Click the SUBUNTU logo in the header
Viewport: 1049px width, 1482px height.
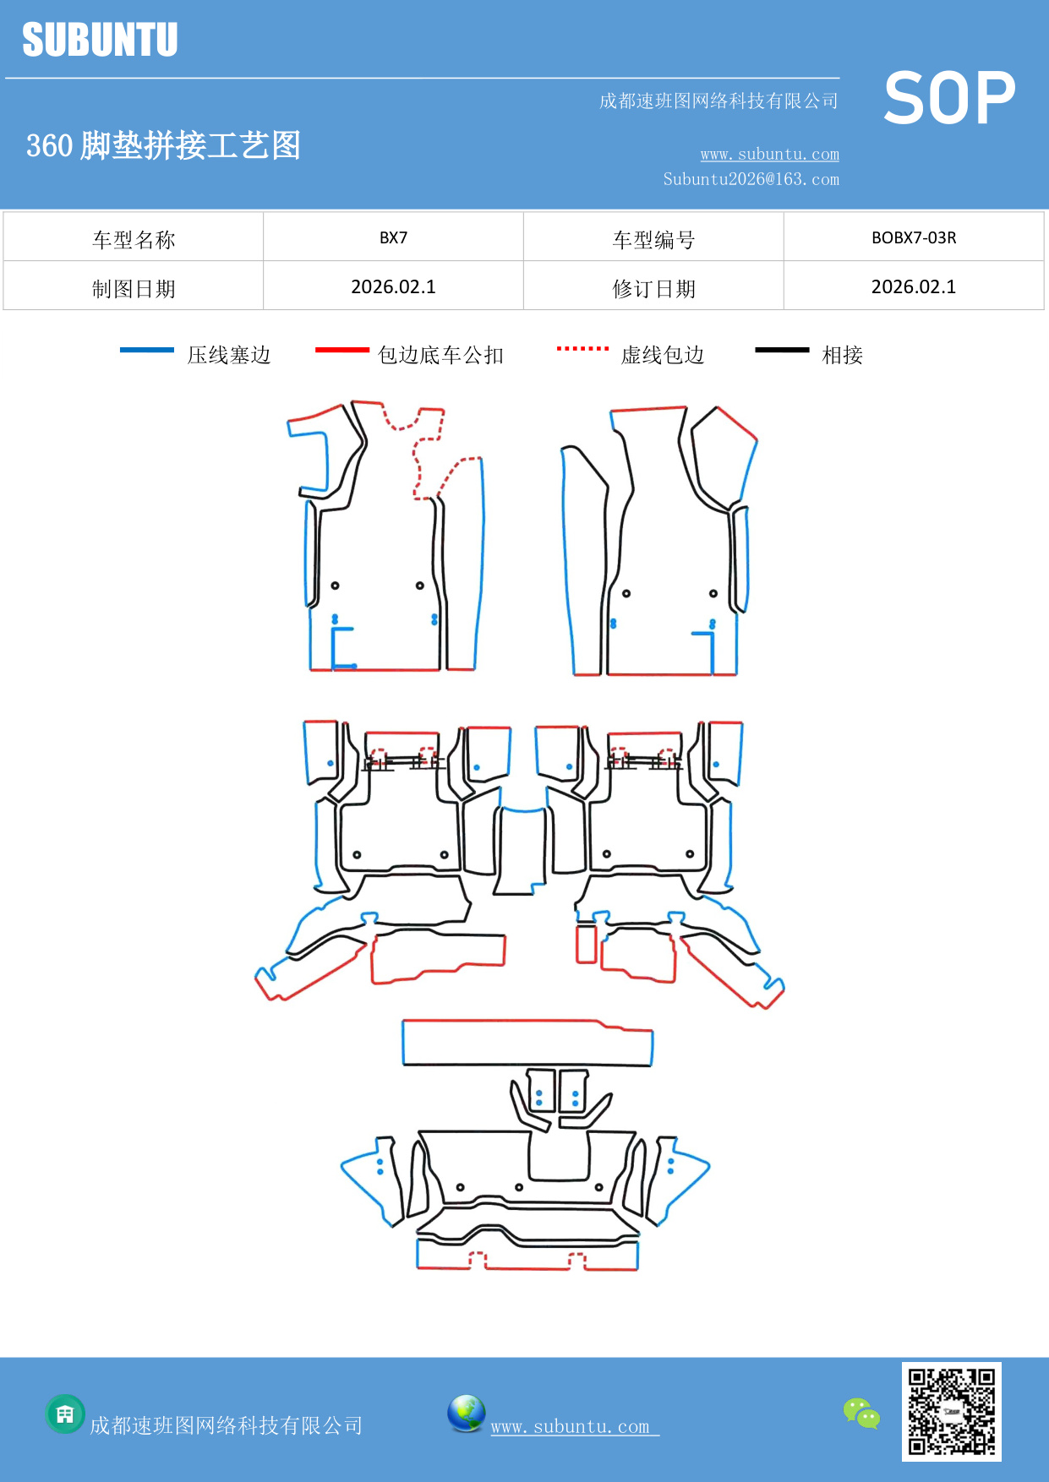click(x=100, y=40)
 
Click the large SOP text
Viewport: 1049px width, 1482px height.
click(x=949, y=98)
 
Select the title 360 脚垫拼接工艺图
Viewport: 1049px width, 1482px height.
click(x=163, y=145)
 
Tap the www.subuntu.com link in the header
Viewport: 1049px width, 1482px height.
click(x=769, y=154)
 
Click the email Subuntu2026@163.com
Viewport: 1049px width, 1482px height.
click(x=751, y=179)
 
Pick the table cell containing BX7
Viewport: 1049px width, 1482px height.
click(x=393, y=237)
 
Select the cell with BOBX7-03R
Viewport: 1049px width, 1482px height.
click(x=913, y=237)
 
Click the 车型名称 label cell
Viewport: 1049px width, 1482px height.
click(x=134, y=239)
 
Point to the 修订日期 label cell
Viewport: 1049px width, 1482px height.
click(x=653, y=288)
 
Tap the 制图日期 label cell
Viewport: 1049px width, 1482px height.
click(x=134, y=288)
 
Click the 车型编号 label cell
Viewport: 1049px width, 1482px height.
click(x=653, y=239)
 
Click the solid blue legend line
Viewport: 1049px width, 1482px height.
click(x=147, y=350)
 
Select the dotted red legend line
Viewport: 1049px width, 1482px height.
click(x=582, y=349)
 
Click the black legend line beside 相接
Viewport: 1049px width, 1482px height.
click(x=782, y=350)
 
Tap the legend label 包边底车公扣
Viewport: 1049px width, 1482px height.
click(x=440, y=355)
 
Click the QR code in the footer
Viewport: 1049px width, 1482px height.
click(x=951, y=1411)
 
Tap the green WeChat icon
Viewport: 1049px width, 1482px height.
click(x=861, y=1414)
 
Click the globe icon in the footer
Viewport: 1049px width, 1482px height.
click(x=466, y=1414)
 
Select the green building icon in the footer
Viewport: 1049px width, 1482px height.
click(x=65, y=1414)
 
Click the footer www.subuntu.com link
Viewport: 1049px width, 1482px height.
click(x=571, y=1426)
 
